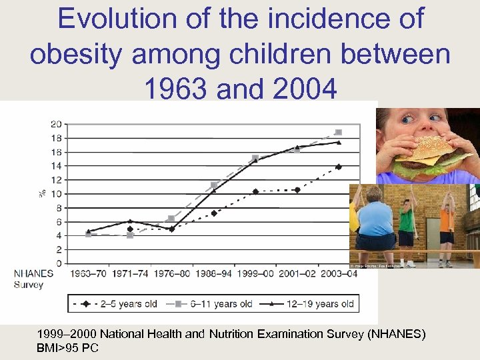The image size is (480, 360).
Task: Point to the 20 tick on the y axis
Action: point(56,124)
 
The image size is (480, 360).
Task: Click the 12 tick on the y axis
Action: point(56,180)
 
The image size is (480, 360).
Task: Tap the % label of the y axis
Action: point(42,193)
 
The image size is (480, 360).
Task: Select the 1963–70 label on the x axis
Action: point(88,274)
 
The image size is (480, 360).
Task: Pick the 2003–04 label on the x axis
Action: point(339,274)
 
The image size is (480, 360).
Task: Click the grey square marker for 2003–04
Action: point(339,132)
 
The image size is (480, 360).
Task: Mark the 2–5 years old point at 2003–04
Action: point(339,167)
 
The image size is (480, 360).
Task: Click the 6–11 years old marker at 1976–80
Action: point(171,218)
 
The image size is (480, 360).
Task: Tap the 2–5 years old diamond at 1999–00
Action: point(255,191)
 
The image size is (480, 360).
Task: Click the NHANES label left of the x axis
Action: point(34,274)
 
